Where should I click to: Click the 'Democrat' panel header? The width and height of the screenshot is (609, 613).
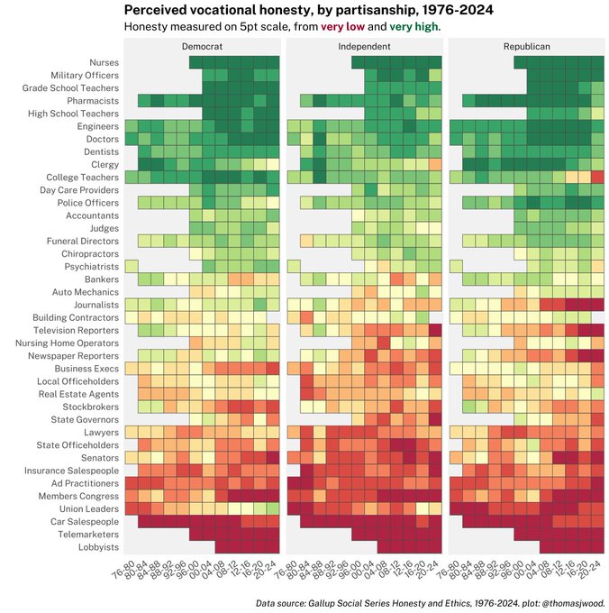(202, 45)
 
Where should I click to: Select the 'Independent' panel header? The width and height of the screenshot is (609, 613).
(364, 45)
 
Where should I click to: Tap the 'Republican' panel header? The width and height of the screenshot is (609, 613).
(526, 45)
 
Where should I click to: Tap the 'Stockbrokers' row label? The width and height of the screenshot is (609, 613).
(91, 407)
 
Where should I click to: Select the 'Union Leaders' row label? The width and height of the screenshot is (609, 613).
(87, 509)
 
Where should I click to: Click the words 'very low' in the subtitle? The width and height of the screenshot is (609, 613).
(343, 27)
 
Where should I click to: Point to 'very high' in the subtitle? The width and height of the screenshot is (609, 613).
(415, 27)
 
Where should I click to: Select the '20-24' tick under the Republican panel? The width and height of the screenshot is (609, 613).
(590, 568)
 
